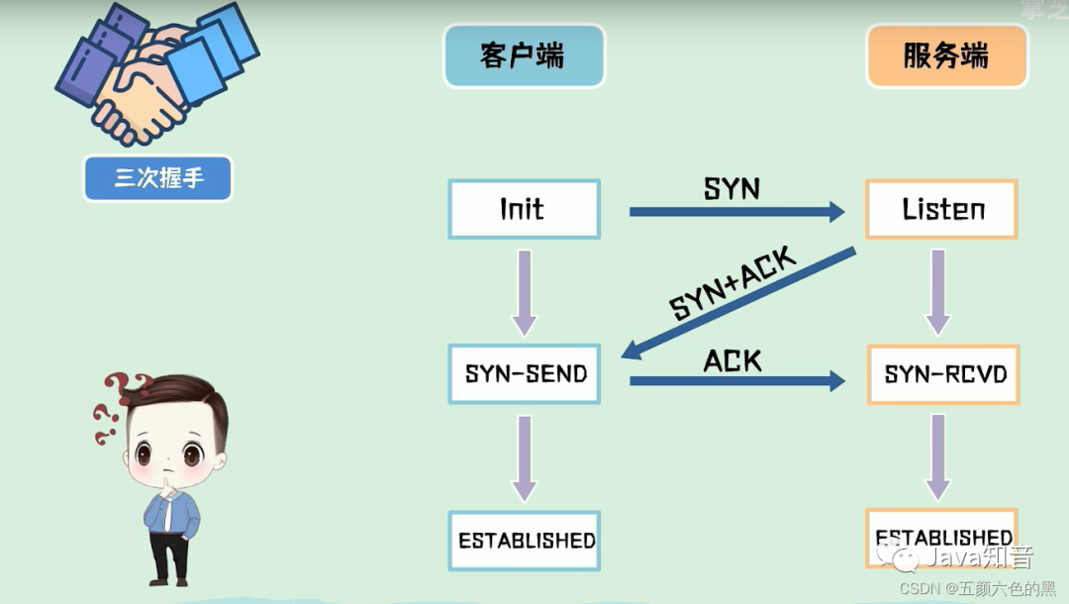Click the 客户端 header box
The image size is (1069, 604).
click(x=523, y=56)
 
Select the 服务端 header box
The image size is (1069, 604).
click(x=945, y=56)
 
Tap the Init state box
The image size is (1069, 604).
click(x=524, y=209)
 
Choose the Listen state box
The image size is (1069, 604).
click(x=941, y=209)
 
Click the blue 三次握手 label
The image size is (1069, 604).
click(x=158, y=178)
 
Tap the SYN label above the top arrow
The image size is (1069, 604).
click(x=731, y=188)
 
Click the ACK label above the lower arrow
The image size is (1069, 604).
click(x=732, y=360)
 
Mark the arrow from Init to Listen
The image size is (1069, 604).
click(x=736, y=211)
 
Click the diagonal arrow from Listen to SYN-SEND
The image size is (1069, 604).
click(x=737, y=303)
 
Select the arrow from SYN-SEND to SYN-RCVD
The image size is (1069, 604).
click(x=736, y=380)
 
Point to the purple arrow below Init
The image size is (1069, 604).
click(x=525, y=292)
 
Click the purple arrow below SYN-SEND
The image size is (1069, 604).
click(x=525, y=457)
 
